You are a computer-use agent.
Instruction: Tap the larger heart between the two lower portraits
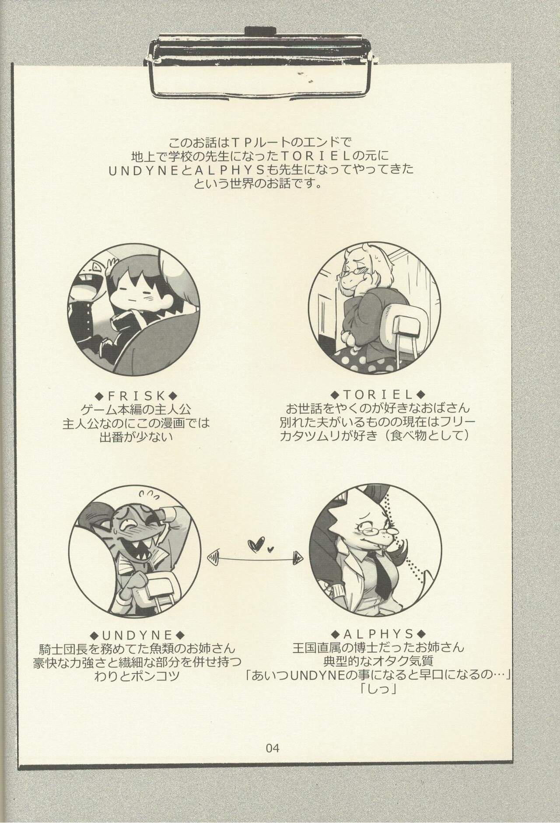tap(254, 544)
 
